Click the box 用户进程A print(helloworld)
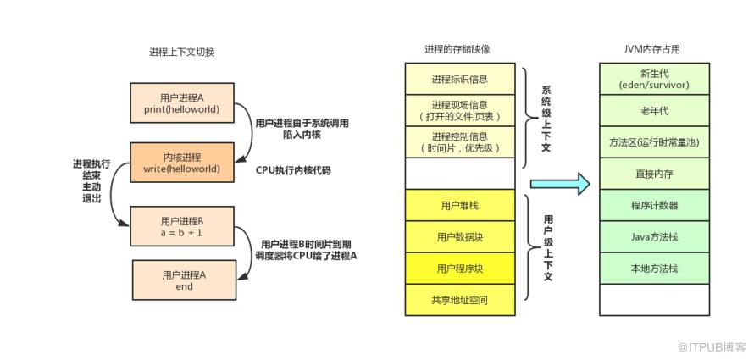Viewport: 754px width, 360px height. [182, 102]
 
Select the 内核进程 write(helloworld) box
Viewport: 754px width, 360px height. [182, 163]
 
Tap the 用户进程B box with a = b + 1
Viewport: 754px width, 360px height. [182, 226]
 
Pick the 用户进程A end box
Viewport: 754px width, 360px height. [184, 280]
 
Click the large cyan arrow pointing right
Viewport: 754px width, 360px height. [560, 183]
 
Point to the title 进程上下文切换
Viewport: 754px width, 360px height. [182, 53]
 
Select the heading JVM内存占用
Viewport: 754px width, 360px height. [654, 49]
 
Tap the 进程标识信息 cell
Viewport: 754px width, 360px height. [460, 78]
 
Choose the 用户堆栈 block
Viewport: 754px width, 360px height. [460, 205]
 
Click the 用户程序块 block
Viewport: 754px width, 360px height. [460, 269]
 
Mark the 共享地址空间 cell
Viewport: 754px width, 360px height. [460, 301]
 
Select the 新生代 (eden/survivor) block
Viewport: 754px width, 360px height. [655, 78]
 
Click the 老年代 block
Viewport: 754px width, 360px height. [655, 111]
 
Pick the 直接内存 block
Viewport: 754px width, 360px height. [655, 174]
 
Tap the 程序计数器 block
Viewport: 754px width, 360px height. [655, 205]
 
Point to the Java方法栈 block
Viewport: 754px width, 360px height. [655, 237]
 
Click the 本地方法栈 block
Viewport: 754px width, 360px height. [655, 269]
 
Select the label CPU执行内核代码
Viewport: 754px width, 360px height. [293, 170]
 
